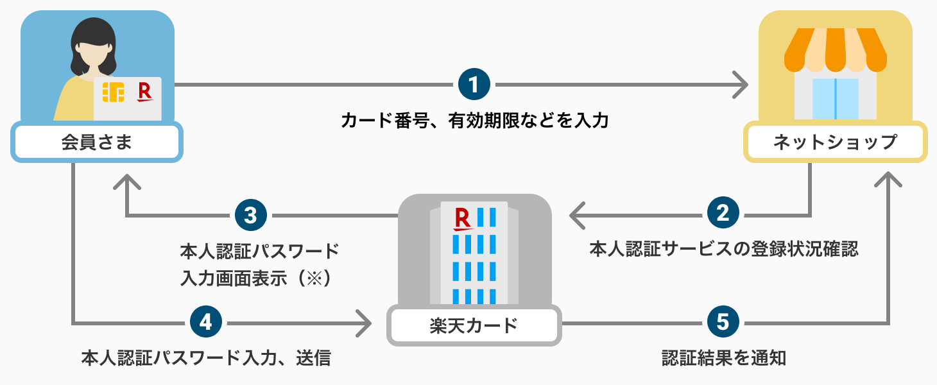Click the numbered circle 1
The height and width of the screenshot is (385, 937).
[474, 84]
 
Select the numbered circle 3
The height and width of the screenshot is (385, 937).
[251, 215]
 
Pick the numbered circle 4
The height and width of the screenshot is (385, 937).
[206, 321]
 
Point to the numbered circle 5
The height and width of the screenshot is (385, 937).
[723, 321]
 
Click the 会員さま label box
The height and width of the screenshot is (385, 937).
[97, 142]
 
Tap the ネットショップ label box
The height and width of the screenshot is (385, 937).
[835, 142]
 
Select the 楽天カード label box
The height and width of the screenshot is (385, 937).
[474, 325]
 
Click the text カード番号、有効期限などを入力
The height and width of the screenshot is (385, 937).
[474, 120]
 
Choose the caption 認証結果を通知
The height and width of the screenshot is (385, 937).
[723, 357]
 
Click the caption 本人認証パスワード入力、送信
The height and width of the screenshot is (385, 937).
[206, 357]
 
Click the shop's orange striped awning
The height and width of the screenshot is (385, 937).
[835, 49]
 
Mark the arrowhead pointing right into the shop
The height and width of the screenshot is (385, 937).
[741, 84]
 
